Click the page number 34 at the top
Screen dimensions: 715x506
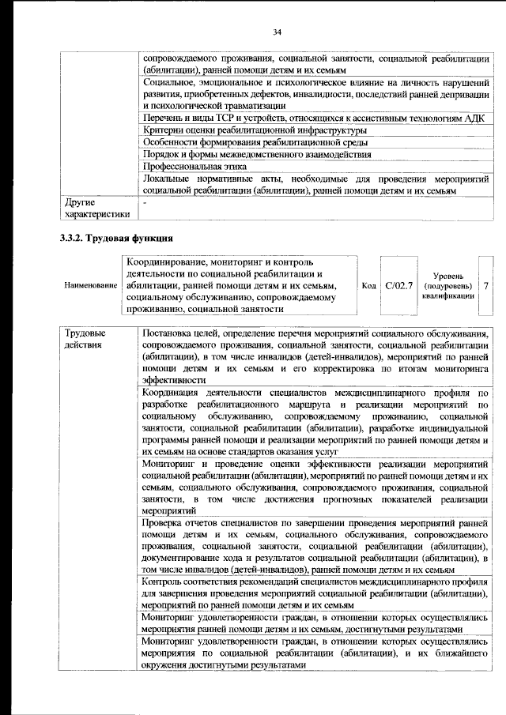point(277,32)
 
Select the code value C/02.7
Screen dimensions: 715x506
point(398,284)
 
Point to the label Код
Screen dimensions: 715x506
point(368,284)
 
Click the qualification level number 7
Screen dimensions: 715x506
point(485,284)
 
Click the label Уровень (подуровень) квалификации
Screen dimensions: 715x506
point(448,284)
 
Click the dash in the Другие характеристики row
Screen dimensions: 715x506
point(145,203)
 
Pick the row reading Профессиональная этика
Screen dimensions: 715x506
point(194,167)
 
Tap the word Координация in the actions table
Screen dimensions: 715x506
point(175,391)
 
